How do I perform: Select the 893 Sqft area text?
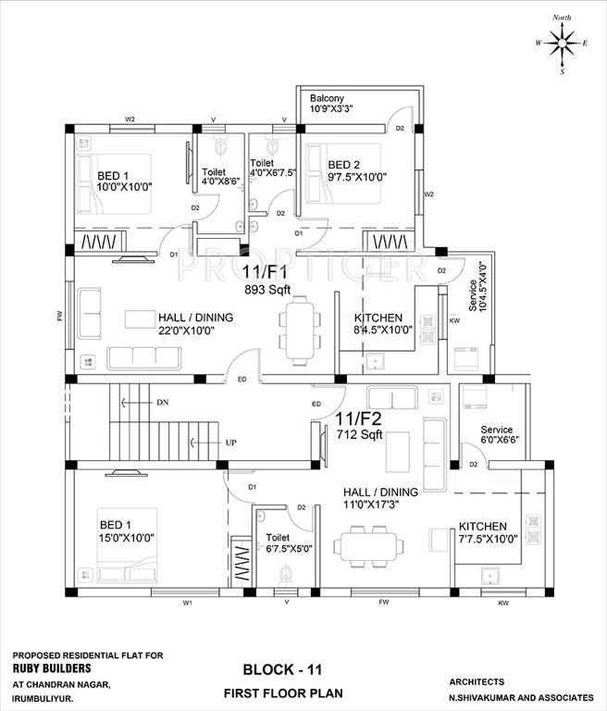[267, 289]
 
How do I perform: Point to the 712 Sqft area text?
[359, 433]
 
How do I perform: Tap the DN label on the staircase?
[162, 403]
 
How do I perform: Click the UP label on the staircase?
[229, 443]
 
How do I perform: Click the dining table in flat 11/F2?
[373, 544]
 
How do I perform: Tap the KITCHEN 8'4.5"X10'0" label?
[377, 323]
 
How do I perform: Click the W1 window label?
[188, 604]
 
